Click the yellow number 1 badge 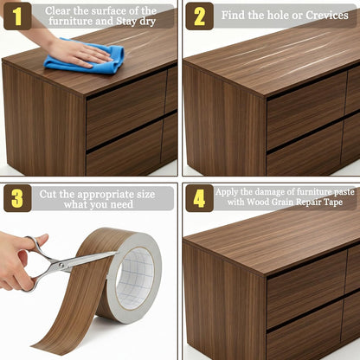coord(17,16)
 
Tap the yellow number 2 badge coord(199,16)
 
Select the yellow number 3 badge coord(17,198)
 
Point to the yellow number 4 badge coord(199,198)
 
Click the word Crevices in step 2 coord(327,15)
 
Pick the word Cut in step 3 coord(47,194)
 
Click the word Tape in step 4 coord(333,202)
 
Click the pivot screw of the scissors coord(61,265)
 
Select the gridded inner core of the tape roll coord(136,279)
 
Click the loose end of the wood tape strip coord(43,344)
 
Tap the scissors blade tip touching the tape coord(115,253)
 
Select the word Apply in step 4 coord(227,192)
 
